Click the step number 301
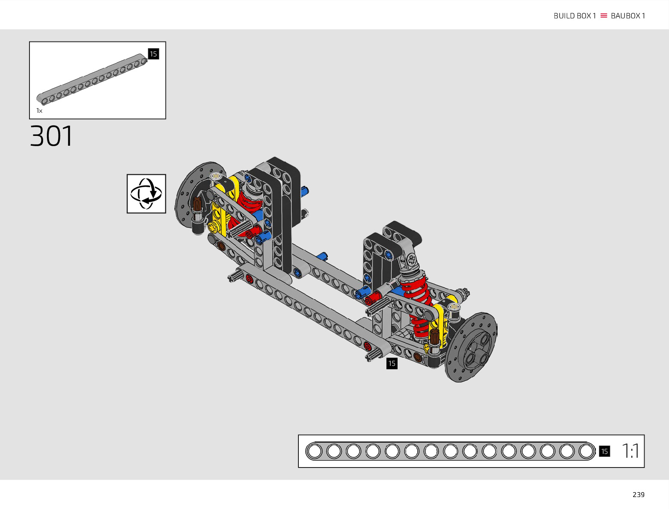(51, 136)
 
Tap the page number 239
(638, 495)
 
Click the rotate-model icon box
(146, 194)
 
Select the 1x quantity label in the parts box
(39, 111)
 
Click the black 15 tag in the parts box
(153, 54)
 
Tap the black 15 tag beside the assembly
(392, 363)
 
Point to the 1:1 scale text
(630, 451)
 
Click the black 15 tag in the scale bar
(604, 451)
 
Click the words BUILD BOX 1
(575, 16)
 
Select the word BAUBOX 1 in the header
(628, 16)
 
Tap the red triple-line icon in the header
(604, 15)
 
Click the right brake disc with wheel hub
(471, 347)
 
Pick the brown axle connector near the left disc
(197, 204)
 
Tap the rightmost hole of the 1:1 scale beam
(586, 451)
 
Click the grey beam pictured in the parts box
(92, 79)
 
